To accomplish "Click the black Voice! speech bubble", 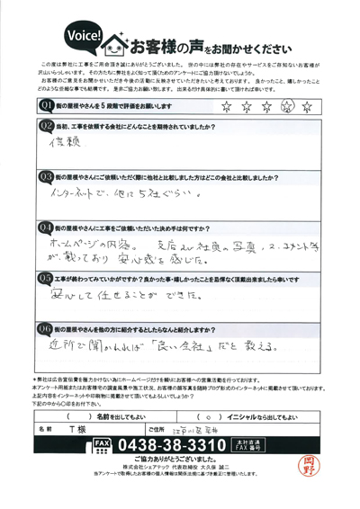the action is [x=84, y=35].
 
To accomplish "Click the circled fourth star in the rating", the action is [x=313, y=106].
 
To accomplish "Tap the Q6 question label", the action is [x=48, y=327].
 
